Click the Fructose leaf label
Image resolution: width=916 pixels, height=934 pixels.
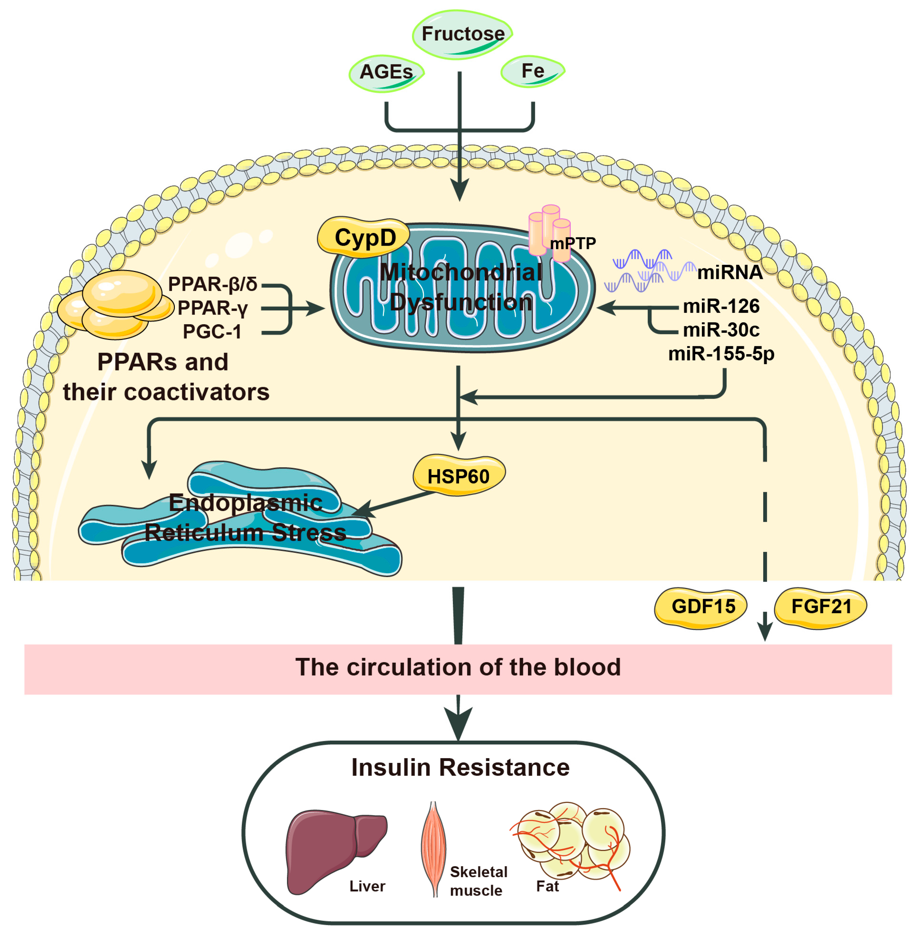[463, 34]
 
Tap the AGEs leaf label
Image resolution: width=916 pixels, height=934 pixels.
[386, 72]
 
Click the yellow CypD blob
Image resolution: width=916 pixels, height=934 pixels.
[364, 237]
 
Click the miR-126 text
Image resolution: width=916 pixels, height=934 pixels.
[721, 306]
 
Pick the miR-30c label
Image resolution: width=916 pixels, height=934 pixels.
[721, 330]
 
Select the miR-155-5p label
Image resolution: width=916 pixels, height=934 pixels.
[721, 354]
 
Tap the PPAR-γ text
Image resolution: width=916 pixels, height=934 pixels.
[212, 308]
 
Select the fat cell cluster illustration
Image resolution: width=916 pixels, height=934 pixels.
[573, 842]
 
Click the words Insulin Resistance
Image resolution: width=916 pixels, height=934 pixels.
[460, 767]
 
